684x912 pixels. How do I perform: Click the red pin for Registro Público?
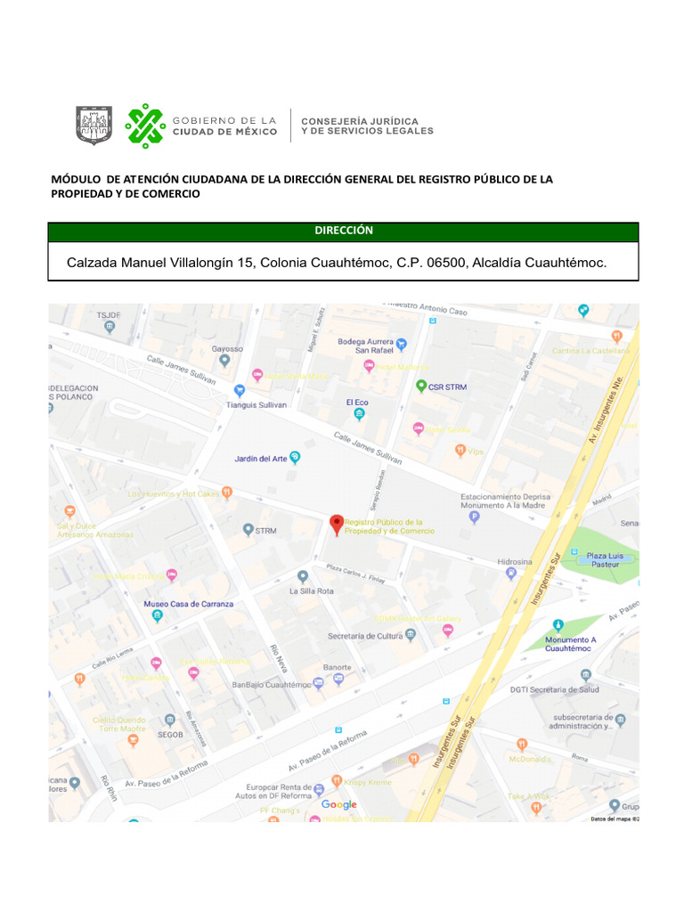click(x=336, y=525)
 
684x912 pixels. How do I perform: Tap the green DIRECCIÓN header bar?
click(x=343, y=231)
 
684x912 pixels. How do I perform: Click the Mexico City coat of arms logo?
click(x=94, y=126)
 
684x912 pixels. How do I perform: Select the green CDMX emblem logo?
click(x=145, y=126)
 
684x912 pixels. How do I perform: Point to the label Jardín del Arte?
click(x=260, y=459)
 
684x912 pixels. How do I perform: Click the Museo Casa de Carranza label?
click(x=188, y=604)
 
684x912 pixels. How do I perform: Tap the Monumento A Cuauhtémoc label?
click(x=570, y=644)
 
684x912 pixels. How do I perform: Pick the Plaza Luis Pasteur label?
click(x=604, y=559)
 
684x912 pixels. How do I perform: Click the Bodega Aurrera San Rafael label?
click(x=368, y=346)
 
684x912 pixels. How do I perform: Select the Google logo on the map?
click(x=338, y=805)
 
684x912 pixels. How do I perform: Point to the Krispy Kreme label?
click(x=368, y=782)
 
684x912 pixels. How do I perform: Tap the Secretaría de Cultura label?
click(x=363, y=636)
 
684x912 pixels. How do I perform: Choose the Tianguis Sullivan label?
click(x=256, y=404)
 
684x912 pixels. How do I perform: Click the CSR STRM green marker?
click(x=422, y=387)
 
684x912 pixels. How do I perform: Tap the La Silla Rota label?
click(x=312, y=591)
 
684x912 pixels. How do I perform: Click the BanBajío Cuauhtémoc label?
click(x=270, y=685)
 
